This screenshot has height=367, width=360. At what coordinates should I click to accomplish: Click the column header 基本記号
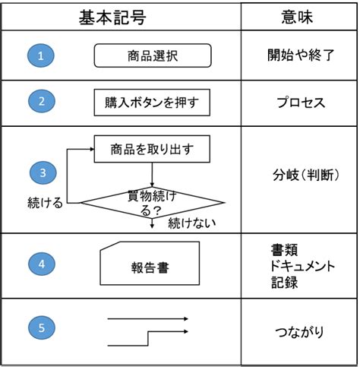[112, 17]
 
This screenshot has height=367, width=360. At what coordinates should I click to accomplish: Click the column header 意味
[297, 17]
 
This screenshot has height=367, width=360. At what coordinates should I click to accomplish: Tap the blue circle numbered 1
[41, 55]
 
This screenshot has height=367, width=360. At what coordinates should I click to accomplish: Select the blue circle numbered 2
[42, 101]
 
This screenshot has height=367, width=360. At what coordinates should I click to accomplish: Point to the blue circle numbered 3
[43, 172]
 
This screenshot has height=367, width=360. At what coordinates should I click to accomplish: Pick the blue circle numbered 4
[42, 264]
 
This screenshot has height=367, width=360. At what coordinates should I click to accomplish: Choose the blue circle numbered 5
[42, 327]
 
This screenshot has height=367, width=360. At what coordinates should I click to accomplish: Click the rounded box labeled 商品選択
[153, 55]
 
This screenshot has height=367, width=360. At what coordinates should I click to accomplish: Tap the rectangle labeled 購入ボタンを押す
[152, 103]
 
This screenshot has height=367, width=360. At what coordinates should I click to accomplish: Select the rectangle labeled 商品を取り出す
[152, 149]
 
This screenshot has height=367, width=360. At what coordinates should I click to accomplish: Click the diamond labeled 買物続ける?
[152, 203]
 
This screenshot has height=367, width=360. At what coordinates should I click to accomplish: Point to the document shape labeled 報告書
[150, 264]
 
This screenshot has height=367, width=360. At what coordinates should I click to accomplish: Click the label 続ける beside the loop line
[45, 203]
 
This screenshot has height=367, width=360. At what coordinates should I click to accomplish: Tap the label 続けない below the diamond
[192, 223]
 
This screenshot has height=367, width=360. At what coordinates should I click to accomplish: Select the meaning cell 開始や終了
[301, 55]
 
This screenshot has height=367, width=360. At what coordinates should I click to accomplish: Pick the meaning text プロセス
[301, 103]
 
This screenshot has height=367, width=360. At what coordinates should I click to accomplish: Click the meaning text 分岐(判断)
[306, 175]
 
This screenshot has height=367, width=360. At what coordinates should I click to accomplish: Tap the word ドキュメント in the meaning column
[302, 266]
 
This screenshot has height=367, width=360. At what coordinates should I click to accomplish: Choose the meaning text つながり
[300, 332]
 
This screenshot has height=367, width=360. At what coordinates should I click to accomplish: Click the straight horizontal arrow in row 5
[148, 319]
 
